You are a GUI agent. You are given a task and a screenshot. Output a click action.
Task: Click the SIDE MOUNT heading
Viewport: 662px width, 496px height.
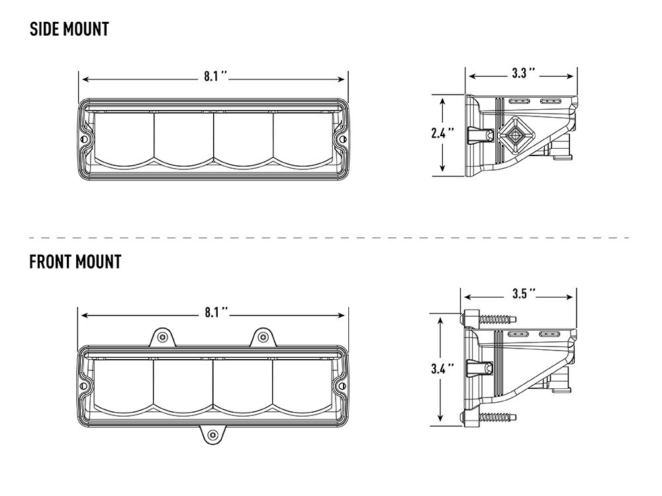point(70,29)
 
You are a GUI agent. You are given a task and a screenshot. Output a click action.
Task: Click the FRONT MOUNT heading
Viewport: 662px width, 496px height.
point(75,261)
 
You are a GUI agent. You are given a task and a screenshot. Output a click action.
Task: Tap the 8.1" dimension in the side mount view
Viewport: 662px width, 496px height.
point(216,77)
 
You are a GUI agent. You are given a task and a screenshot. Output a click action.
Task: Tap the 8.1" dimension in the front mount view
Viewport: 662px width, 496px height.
point(216,311)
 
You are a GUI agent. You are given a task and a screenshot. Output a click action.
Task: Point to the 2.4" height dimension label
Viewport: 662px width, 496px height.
point(440,133)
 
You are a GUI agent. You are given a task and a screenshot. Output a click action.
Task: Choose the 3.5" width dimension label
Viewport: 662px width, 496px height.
point(522,293)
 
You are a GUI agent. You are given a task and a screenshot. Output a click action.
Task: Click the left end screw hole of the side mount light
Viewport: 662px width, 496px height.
point(84,140)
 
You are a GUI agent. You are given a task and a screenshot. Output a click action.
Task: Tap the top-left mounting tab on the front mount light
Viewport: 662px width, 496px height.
point(161,337)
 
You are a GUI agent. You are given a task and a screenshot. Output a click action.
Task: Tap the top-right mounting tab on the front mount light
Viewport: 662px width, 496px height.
point(263,337)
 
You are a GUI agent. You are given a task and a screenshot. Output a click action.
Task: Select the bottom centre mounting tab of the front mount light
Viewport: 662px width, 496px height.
point(213,434)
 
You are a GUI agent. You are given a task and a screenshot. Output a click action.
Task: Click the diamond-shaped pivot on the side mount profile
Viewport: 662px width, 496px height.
point(514,136)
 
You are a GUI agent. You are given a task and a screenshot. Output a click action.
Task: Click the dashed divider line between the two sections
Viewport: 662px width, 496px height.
point(331,237)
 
